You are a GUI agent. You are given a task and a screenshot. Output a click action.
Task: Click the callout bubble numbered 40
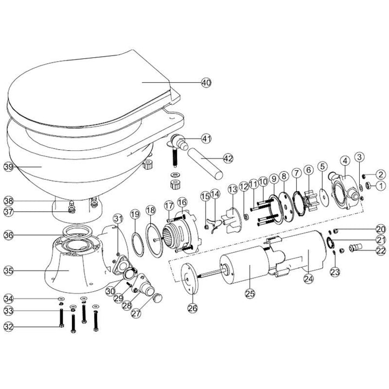point(205,83)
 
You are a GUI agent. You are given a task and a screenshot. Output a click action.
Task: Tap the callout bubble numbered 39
point(8,167)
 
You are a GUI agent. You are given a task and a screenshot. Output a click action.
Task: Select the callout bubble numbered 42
point(228,159)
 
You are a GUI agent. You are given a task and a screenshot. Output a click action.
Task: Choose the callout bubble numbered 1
point(380,185)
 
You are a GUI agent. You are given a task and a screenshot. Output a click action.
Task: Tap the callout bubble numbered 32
point(8,326)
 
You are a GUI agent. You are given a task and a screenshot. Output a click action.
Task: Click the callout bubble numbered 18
point(151,210)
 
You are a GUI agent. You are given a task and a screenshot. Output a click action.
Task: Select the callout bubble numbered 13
point(232,189)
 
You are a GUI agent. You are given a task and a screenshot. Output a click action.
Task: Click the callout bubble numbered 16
point(182,202)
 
